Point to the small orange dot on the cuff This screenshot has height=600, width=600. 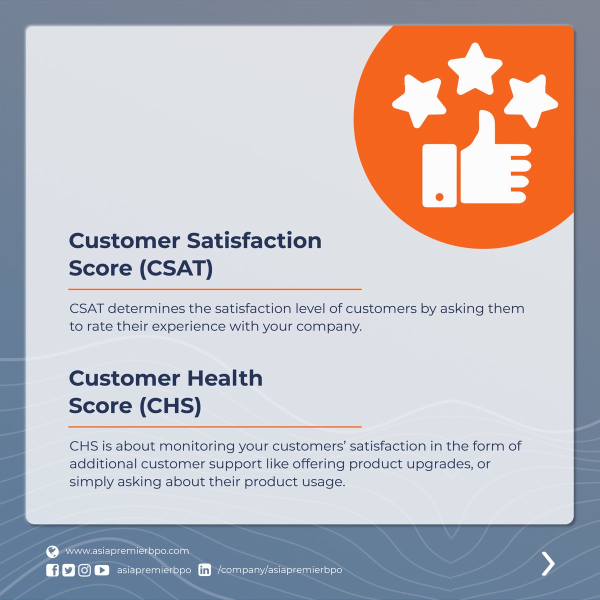439,196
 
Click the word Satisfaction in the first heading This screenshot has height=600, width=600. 254,240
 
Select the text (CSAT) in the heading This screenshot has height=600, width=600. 176,268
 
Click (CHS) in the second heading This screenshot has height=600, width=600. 170,406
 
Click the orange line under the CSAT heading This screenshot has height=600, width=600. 214,289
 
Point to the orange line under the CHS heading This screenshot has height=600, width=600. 214,427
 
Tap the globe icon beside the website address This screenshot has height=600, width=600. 52,551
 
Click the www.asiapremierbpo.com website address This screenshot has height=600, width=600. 127,551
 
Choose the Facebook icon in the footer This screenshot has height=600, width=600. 52,570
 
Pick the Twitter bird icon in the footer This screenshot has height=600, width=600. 68,570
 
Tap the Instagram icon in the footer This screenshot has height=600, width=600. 84,570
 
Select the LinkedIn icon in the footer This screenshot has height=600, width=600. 204,570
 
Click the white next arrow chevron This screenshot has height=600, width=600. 548,564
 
